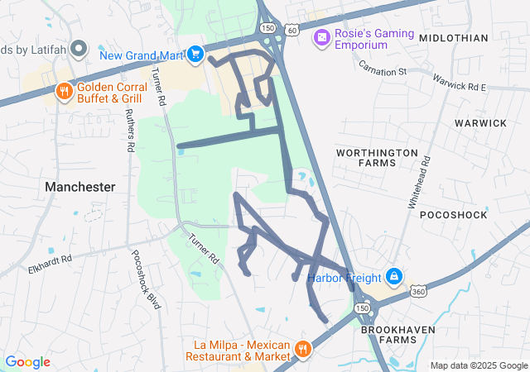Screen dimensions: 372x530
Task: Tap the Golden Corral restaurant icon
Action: click(64, 90)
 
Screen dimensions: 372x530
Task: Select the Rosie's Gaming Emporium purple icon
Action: click(320, 38)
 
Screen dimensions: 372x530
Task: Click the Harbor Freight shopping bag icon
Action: click(395, 275)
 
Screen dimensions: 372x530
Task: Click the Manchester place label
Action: click(80, 187)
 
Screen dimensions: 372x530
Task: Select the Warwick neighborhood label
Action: click(480, 122)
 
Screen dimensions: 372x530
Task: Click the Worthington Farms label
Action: click(377, 158)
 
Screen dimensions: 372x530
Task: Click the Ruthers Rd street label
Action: click(130, 132)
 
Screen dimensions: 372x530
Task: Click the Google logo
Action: click(28, 362)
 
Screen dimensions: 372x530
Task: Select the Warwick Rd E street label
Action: click(459, 82)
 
